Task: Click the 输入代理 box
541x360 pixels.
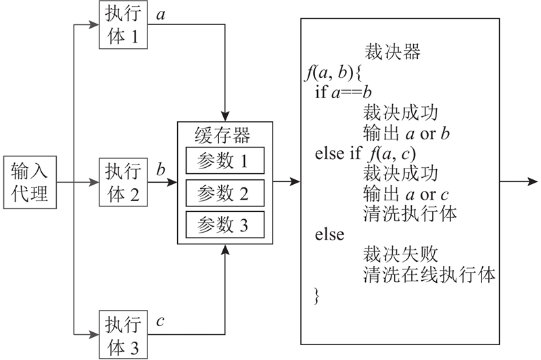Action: click(29, 181)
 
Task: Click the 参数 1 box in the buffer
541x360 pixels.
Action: click(225, 160)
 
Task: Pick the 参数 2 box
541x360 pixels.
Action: click(225, 194)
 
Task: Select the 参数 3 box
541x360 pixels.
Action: click(225, 224)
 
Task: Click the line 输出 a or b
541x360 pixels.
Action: click(406, 133)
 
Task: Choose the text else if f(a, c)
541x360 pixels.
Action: click(364, 154)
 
